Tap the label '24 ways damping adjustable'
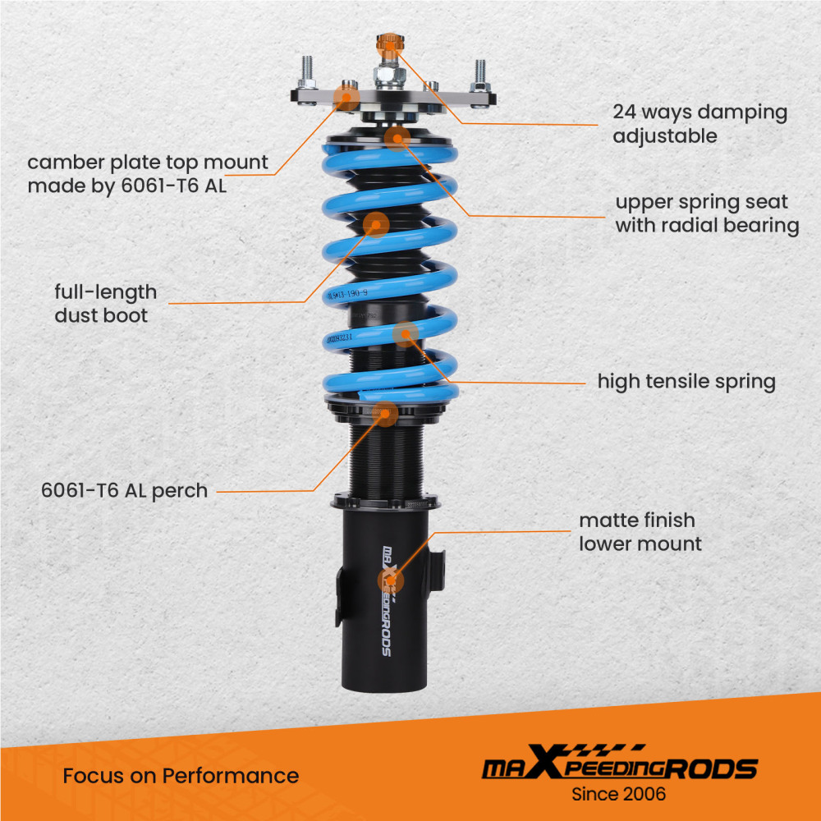pos(699,124)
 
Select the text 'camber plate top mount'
pos(148,163)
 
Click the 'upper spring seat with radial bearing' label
pos(707,213)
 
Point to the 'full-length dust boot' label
pos(106,303)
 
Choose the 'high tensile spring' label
pos(686,381)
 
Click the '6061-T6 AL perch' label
pos(125,491)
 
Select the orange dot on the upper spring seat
pos(397,138)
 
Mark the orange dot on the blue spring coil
pos(406,334)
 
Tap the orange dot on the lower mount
pos(391,580)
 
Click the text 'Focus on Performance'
pos(181,775)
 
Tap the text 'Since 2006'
pos(618,794)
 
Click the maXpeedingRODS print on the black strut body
pos(388,599)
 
